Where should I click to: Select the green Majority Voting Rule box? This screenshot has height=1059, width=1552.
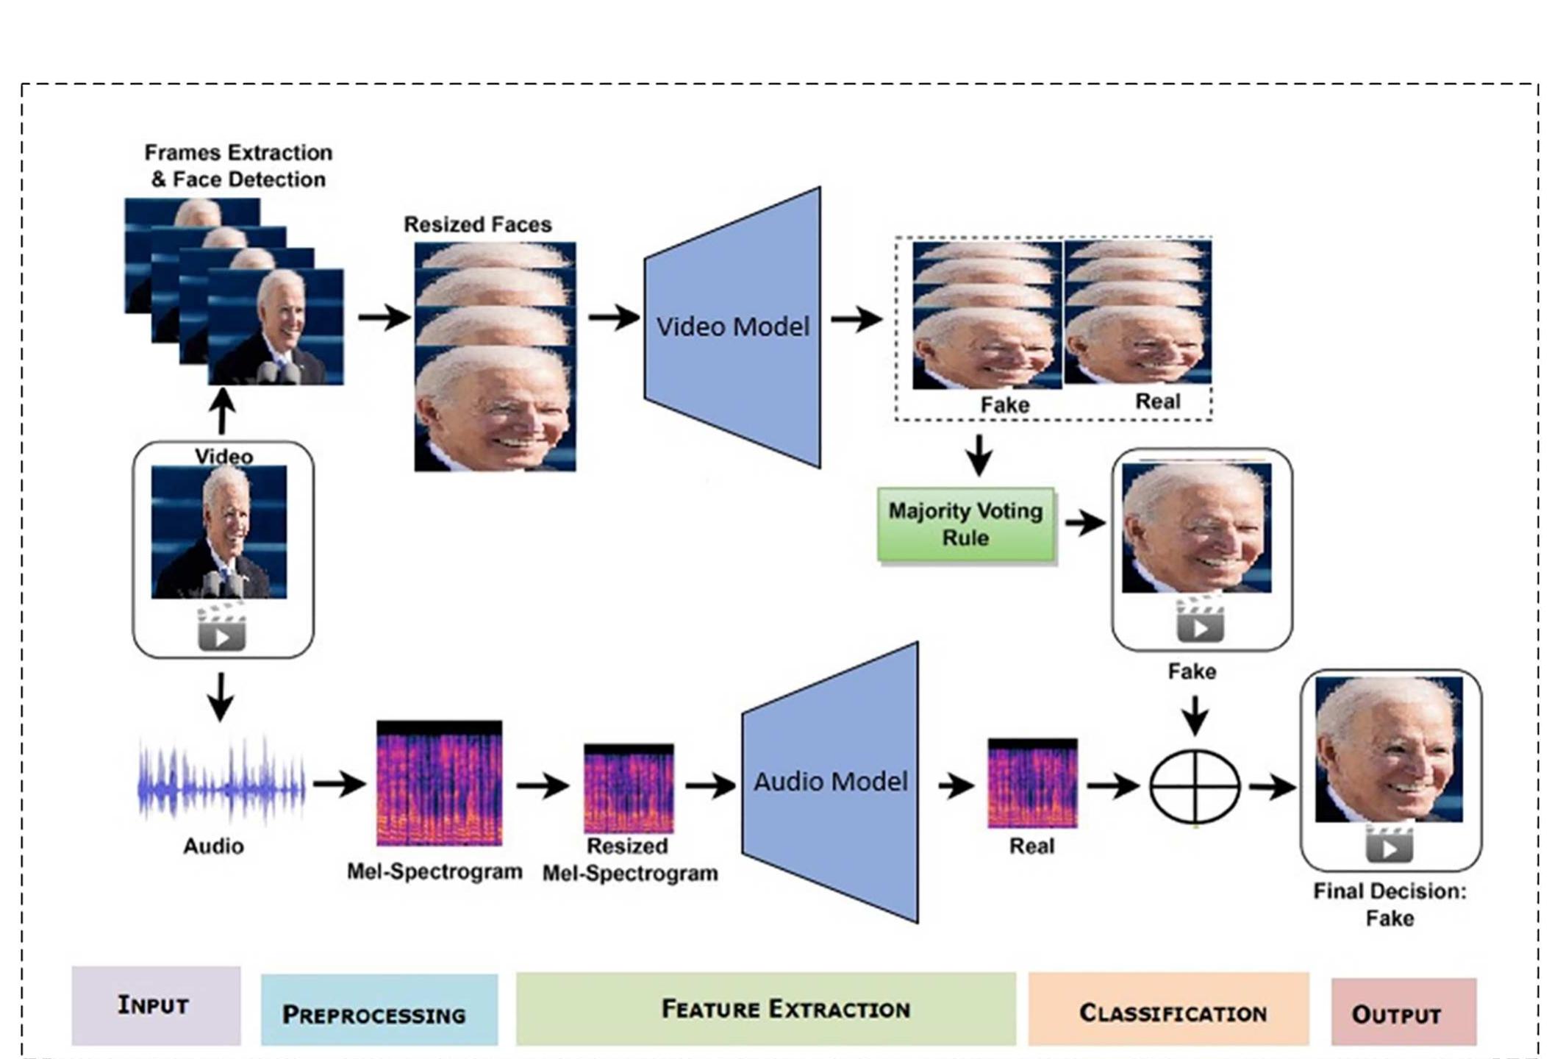(x=965, y=524)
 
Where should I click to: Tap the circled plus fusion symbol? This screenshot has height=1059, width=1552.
(x=1195, y=786)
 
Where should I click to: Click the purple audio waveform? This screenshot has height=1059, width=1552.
(x=221, y=785)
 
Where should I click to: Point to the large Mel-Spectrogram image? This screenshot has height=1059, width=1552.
(x=439, y=784)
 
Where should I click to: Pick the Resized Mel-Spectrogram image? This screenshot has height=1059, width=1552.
(x=629, y=788)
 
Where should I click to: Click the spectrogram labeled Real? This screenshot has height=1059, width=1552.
(x=1031, y=784)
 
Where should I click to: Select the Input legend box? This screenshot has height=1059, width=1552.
(x=156, y=1005)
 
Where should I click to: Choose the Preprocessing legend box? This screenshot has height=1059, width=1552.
(x=379, y=1010)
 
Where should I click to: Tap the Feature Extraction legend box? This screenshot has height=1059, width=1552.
(x=765, y=1009)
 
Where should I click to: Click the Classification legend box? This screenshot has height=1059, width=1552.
(x=1168, y=1009)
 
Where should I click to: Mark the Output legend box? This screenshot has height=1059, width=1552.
(x=1403, y=1011)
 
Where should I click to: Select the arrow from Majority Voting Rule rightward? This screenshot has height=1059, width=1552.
(x=1085, y=524)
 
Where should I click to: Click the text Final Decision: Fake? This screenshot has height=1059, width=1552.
(x=1389, y=905)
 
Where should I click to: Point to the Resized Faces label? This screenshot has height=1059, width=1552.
(x=477, y=224)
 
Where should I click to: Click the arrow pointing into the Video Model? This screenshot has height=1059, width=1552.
(x=613, y=318)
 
